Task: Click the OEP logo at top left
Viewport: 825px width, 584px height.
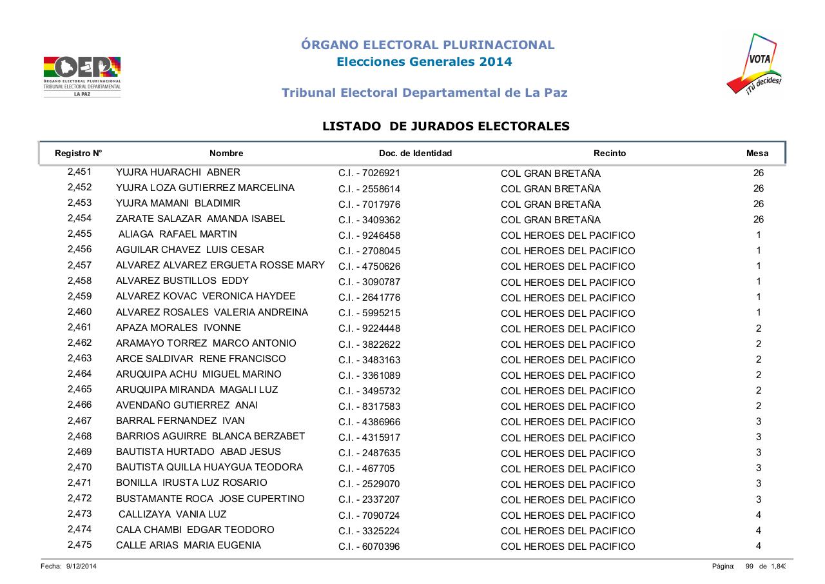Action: click(82, 76)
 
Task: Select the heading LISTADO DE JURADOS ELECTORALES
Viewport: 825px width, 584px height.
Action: click(445, 126)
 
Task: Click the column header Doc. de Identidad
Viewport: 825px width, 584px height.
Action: click(415, 154)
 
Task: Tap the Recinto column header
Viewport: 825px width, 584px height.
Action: click(609, 154)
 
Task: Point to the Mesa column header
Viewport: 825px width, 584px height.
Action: click(757, 154)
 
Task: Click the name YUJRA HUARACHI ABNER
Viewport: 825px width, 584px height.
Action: click(178, 172)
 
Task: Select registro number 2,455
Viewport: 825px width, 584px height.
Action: click(79, 234)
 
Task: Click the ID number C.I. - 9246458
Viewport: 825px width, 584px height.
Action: click(369, 236)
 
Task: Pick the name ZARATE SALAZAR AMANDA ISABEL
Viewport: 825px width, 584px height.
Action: click(200, 219)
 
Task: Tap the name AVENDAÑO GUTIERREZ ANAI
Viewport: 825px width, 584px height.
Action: click(187, 405)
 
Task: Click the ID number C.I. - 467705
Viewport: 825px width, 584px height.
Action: click(366, 468)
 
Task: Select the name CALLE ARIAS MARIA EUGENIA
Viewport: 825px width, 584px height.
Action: click(188, 545)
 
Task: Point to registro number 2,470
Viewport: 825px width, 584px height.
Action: click(79, 467)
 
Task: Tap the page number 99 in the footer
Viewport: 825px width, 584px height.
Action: click(750, 567)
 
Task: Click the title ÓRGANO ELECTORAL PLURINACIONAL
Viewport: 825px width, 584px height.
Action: click(427, 45)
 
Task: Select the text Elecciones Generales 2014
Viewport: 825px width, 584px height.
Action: click(424, 62)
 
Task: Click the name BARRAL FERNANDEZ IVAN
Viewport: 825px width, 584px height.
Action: click(180, 421)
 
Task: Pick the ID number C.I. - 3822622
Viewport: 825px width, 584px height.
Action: click(369, 344)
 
